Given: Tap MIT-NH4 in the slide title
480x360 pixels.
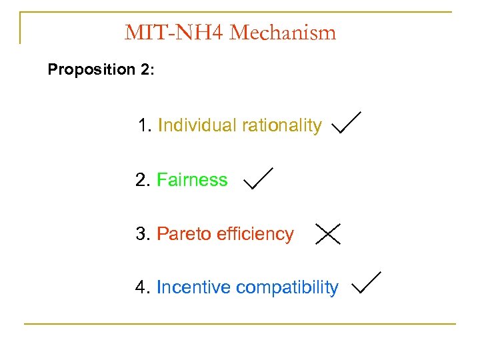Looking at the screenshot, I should tap(174, 32).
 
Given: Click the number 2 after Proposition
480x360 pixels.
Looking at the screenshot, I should tap(146, 69).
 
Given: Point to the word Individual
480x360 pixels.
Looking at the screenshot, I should tap(197, 125).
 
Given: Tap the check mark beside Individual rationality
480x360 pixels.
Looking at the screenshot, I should tap(346, 123).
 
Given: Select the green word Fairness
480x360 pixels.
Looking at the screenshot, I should tap(192, 180).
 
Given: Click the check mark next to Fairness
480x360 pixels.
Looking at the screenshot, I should tap(257, 178).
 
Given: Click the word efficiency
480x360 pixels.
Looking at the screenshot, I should tap(256, 234).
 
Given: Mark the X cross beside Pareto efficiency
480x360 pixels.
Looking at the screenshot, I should tap(328, 233).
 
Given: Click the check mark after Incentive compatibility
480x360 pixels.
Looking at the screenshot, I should tap(365, 283).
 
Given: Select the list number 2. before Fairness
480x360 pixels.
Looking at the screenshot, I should tap(143, 180).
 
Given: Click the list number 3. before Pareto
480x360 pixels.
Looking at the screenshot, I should tap(143, 234).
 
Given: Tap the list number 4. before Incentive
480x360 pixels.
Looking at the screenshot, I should tap(143, 287).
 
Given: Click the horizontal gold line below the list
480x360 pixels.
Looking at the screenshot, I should tap(240, 324).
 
